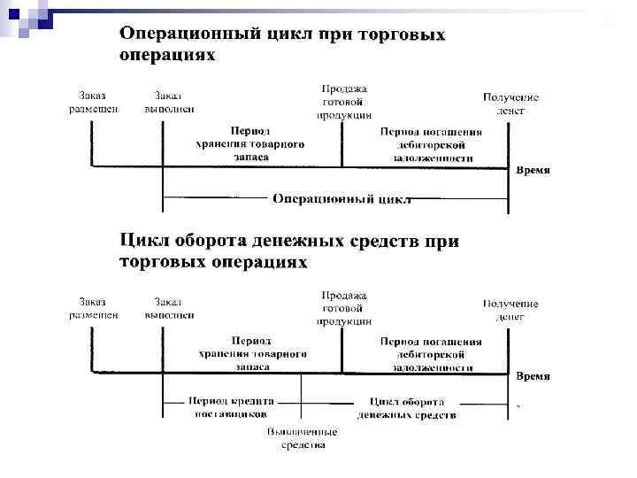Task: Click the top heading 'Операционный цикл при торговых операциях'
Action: coord(282,43)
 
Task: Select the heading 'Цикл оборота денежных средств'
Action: coord(289,251)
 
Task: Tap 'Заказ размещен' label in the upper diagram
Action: coord(95,103)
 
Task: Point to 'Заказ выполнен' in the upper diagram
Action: coord(170,103)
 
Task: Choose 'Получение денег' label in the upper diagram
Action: coord(510,104)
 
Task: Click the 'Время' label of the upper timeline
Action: coord(533,170)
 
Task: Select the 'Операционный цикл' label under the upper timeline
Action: coord(342,198)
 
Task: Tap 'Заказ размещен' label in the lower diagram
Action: coord(95,309)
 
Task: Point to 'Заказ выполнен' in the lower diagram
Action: coord(170,309)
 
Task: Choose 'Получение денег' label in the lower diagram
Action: coord(510,310)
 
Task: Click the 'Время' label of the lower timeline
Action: coord(533,376)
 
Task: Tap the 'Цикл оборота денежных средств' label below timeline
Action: coord(407,408)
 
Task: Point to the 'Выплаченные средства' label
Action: coord(303,438)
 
